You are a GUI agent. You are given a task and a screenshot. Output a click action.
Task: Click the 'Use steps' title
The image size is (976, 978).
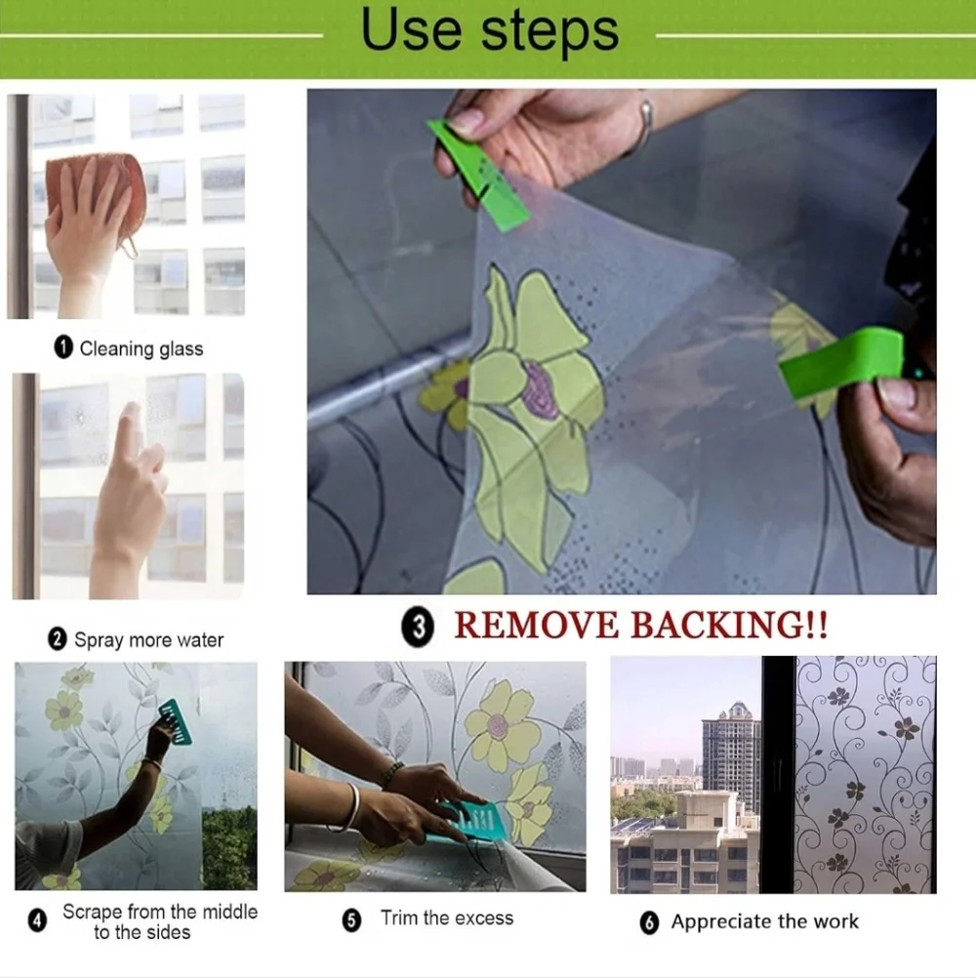490,30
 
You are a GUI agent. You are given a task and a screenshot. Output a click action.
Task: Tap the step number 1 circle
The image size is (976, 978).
63,347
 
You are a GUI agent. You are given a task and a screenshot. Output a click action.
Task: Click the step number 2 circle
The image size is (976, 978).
58,639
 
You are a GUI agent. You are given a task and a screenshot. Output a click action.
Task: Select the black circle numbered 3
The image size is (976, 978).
418,627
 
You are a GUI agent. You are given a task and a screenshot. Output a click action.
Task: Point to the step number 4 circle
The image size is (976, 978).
37,921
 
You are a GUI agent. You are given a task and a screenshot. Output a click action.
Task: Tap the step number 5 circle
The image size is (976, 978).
351,920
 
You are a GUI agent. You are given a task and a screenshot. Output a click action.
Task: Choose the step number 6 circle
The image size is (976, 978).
649,922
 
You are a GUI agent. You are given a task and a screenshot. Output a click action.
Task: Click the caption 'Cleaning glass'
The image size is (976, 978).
142,348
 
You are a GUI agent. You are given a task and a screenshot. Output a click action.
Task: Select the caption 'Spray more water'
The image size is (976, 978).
149,640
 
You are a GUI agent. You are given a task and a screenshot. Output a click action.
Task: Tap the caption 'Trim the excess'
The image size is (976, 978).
447,918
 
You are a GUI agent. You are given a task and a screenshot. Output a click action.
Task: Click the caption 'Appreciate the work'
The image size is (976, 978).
764,921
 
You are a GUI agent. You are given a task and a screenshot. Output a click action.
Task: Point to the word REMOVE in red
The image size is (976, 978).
537,625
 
